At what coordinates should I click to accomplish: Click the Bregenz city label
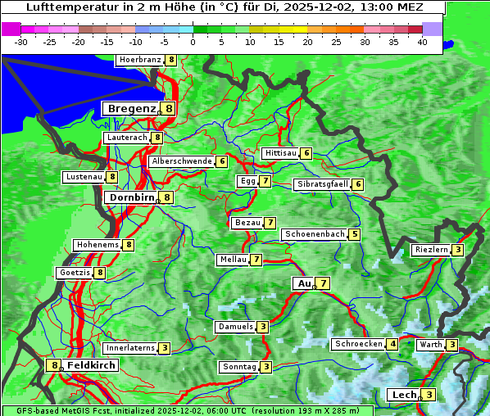tap(131, 108)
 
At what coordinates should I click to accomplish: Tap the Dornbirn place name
tap(131, 197)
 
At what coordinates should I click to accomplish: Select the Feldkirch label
tap(91, 365)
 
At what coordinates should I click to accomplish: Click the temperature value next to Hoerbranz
tap(170, 60)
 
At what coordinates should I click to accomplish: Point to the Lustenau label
tap(84, 177)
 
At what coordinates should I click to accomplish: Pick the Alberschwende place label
tap(182, 161)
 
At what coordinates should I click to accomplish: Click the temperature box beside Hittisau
tap(306, 153)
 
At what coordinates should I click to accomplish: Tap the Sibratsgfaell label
tap(323, 184)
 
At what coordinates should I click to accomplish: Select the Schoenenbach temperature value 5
tap(354, 234)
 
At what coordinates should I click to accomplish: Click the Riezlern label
tap(431, 250)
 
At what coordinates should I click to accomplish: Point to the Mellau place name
tap(233, 260)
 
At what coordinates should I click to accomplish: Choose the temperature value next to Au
tap(324, 283)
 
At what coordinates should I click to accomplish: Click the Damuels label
tap(235, 327)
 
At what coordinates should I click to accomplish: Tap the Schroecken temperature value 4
tap(392, 344)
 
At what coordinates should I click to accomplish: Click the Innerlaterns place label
tap(131, 348)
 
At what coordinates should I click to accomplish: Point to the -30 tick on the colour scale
tap(21, 41)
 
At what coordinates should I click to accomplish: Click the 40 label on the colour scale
tap(422, 41)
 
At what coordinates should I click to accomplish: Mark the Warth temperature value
tap(452, 345)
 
